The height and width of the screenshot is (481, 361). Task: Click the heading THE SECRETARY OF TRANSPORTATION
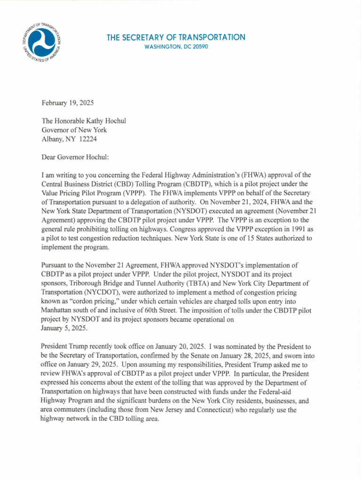[x=176, y=37]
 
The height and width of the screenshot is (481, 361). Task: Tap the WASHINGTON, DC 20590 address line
[x=176, y=47]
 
